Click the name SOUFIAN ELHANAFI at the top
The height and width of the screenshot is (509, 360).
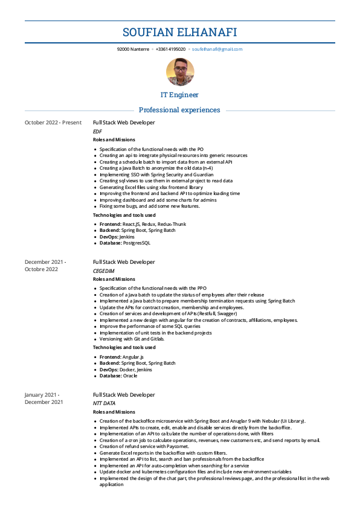(x=179, y=32)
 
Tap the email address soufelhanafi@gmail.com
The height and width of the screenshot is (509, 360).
(x=217, y=49)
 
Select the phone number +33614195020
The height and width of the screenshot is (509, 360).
(x=170, y=49)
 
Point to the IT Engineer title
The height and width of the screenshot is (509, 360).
(x=179, y=95)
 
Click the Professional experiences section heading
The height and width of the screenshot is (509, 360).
(x=179, y=110)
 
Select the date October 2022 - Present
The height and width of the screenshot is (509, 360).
(x=53, y=123)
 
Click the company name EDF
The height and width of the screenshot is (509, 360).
(x=97, y=131)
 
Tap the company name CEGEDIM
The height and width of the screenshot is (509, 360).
(x=103, y=271)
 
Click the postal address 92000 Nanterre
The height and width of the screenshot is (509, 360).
(x=133, y=49)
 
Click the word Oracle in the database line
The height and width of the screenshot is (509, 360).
(x=129, y=376)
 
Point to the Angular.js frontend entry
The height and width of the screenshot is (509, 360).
(x=131, y=357)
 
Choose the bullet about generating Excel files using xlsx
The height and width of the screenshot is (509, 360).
(x=151, y=187)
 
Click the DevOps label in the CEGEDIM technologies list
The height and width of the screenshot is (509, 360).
(x=109, y=370)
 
